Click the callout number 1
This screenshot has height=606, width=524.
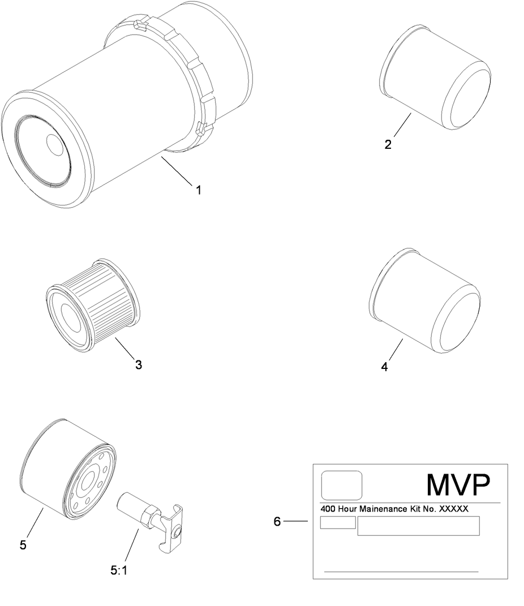tap(199, 190)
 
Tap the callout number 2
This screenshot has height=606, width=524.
tap(388, 144)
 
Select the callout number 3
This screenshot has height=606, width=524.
tap(139, 365)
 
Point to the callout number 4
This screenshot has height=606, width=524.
tap(384, 367)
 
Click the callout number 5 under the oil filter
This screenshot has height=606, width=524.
tap(23, 545)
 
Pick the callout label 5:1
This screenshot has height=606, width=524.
tap(119, 570)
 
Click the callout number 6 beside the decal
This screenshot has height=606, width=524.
tap(277, 522)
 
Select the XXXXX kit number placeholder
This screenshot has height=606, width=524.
tap(453, 509)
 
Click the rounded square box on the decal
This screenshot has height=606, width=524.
tap(342, 485)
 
